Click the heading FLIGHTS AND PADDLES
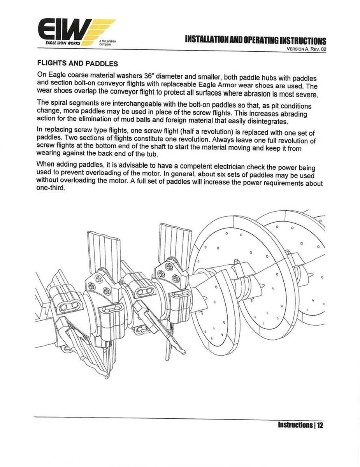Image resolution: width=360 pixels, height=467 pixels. click(x=77, y=63)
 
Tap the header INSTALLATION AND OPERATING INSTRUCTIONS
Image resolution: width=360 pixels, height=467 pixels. click(x=255, y=40)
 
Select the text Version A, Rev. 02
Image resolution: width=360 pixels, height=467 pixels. click(x=306, y=49)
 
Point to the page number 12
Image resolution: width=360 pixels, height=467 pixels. click(x=320, y=425)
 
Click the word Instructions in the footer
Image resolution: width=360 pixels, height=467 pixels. click(x=295, y=425)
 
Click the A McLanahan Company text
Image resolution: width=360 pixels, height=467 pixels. click(x=106, y=42)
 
